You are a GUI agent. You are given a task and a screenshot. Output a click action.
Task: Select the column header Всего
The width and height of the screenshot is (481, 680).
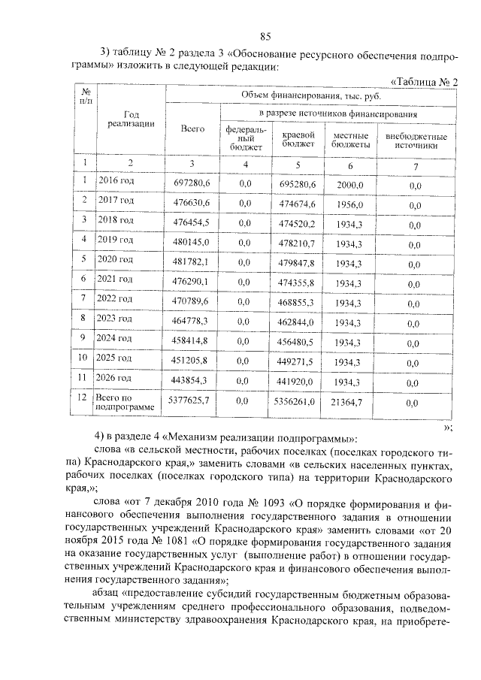coord(192,130)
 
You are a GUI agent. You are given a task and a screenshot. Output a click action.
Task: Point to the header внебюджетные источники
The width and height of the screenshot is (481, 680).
coord(416,141)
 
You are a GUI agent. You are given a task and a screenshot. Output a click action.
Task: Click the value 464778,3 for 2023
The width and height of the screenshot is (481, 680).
coord(192,322)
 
